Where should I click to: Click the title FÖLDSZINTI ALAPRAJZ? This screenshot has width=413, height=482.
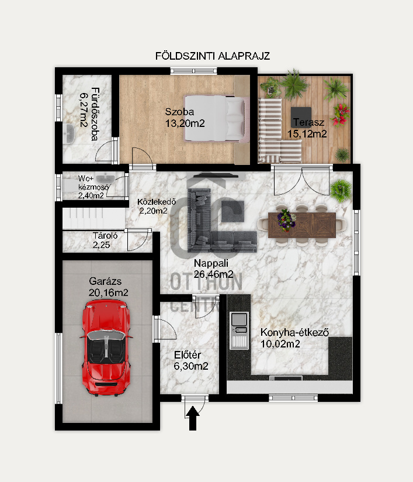point(212,56)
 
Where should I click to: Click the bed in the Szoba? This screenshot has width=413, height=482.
point(216,118)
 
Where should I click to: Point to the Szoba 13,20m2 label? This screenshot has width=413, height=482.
point(185,117)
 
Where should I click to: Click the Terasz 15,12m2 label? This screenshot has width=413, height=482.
point(306,128)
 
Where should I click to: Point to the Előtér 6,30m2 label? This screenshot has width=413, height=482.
point(191,360)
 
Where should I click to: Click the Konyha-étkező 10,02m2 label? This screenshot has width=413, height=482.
point(296,338)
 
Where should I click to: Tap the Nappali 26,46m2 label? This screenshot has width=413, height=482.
point(213,268)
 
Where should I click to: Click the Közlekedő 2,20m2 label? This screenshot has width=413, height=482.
point(157,206)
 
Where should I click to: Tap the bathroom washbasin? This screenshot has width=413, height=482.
point(69,133)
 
